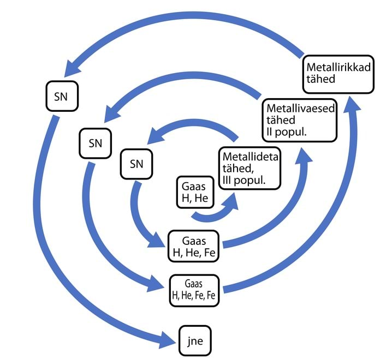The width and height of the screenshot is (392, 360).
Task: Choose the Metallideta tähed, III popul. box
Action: [250, 168]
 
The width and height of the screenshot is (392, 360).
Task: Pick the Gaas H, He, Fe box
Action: [194, 247]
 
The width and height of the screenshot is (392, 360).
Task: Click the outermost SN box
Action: [62, 96]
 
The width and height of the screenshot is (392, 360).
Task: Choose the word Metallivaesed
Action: [300, 109]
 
